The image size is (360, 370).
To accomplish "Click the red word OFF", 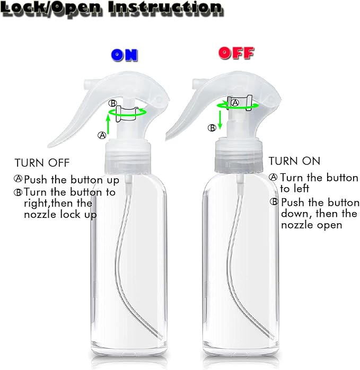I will [236, 53].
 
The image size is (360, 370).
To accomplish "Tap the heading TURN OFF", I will [42, 163].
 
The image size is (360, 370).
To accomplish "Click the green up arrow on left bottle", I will [108, 125].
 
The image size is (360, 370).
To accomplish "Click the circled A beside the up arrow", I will [102, 135].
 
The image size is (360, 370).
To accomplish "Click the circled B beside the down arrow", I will [212, 127].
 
